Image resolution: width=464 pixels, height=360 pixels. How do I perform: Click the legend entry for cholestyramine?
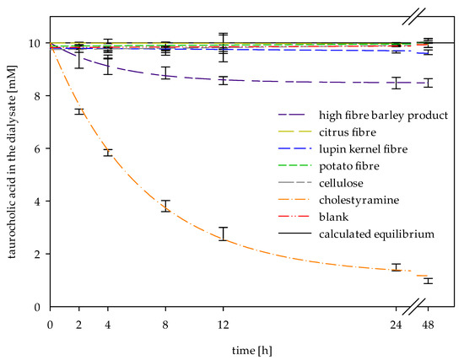[359, 201]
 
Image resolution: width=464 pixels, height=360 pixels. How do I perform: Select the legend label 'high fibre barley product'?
[384, 116]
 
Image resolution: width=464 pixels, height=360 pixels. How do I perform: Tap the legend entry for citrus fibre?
[348, 132]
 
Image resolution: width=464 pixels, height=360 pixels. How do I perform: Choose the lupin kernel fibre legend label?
[363, 149]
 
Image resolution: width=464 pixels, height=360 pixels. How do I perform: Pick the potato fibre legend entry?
[349, 166]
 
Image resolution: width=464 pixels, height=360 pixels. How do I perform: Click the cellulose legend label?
[341, 184]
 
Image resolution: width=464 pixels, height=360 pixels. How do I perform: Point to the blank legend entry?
[333, 218]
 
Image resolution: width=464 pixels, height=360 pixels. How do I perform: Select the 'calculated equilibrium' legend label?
[376, 234]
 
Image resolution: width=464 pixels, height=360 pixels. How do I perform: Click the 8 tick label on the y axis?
[37, 96]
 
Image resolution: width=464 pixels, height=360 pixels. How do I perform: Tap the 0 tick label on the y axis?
[37, 307]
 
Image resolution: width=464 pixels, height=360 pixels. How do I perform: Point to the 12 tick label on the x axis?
[223, 325]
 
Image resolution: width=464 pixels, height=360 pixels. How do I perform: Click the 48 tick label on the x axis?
[428, 325]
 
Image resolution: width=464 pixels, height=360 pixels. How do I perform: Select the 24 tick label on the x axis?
[396, 325]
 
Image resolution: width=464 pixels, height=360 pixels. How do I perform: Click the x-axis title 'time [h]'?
[252, 351]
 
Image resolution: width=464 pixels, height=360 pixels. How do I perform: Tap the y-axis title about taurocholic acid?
[12, 162]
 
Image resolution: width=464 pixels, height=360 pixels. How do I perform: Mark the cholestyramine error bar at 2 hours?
[79, 111]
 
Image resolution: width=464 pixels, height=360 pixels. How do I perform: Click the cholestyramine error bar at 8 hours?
[165, 207]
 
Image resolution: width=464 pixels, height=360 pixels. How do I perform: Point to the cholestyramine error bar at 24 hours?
[396, 267]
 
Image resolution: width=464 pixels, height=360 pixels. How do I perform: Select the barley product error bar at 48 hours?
[428, 83]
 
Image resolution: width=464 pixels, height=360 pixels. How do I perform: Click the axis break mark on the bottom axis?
[414, 307]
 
